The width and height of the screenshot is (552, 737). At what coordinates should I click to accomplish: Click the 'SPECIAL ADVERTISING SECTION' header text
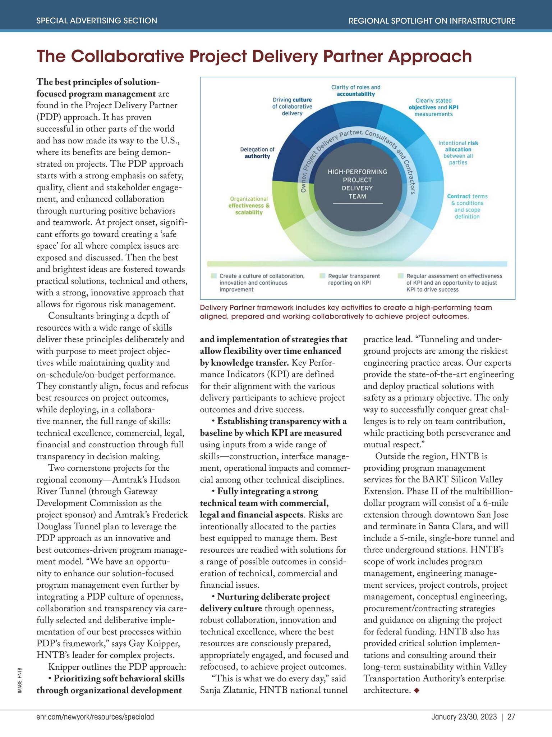tap(97, 21)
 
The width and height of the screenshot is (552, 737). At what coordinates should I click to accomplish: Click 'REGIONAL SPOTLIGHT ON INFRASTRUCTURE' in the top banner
tap(432, 21)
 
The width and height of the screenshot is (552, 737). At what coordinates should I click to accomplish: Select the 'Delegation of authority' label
tap(257, 153)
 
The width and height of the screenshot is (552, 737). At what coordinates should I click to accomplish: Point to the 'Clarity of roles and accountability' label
tap(355, 91)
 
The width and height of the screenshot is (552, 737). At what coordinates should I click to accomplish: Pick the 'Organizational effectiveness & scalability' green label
tap(249, 205)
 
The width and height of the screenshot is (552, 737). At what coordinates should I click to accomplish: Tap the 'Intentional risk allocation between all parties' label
tap(458, 153)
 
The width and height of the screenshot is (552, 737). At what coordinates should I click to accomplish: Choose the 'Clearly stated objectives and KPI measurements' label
tap(433, 107)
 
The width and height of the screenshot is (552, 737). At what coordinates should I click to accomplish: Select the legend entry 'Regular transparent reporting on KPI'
tap(354, 279)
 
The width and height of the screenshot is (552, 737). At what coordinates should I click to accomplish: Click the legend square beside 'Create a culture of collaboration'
tap(214, 276)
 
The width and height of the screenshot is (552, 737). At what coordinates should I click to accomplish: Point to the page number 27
tap(511, 717)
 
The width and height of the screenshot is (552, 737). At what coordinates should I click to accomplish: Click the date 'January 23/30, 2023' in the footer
tap(464, 717)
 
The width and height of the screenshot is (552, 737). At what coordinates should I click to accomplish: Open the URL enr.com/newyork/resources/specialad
tap(95, 717)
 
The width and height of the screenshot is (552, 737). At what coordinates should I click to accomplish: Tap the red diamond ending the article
tap(417, 690)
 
